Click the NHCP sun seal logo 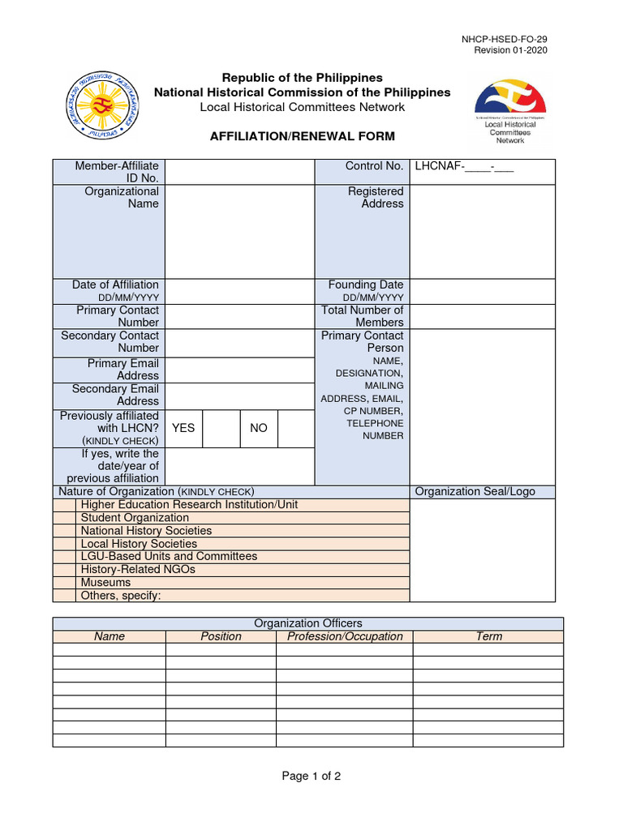coord(101,105)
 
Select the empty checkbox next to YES coord(221,427)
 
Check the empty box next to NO coord(295,427)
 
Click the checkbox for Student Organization coord(64,518)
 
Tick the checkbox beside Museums coord(64,583)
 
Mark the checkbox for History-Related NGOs coord(64,570)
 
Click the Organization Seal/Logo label coord(475,492)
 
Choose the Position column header coord(221,636)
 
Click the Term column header coord(488,636)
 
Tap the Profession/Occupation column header coord(345,636)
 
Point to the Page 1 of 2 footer coord(311,777)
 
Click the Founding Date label coord(365,285)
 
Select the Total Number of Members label coord(362,316)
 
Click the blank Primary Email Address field coord(239,370)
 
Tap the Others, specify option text coord(122,596)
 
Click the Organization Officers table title coord(308,623)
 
